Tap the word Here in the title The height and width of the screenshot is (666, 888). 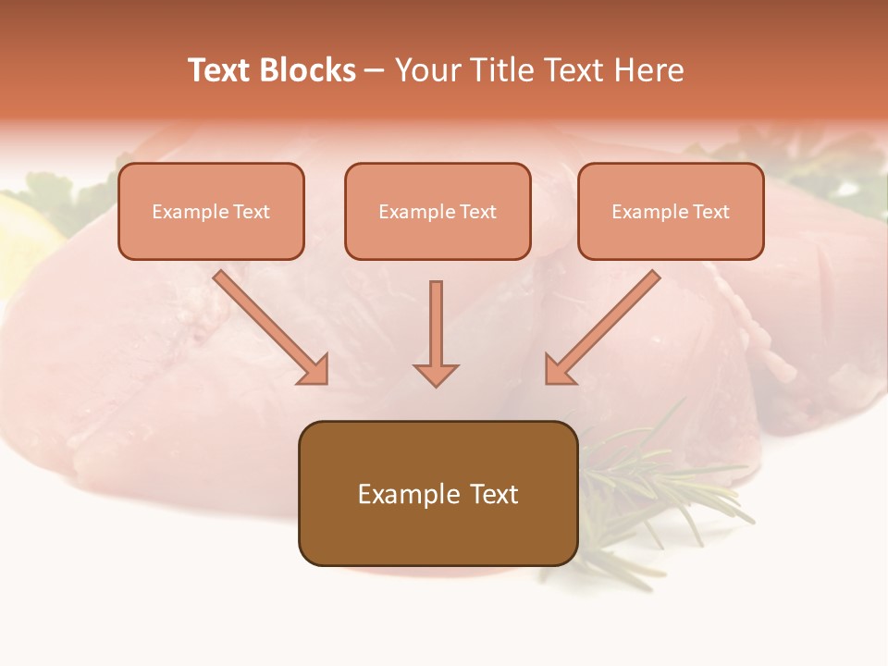(651, 70)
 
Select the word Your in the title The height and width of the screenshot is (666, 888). (424, 70)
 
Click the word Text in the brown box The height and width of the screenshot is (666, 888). (494, 494)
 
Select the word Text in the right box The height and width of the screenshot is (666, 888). (710, 212)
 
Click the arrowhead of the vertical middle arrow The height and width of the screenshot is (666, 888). (436, 374)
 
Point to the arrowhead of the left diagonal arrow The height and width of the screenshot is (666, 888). (314, 370)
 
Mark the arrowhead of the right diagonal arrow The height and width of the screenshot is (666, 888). (559, 370)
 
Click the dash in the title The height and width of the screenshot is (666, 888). (375, 70)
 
